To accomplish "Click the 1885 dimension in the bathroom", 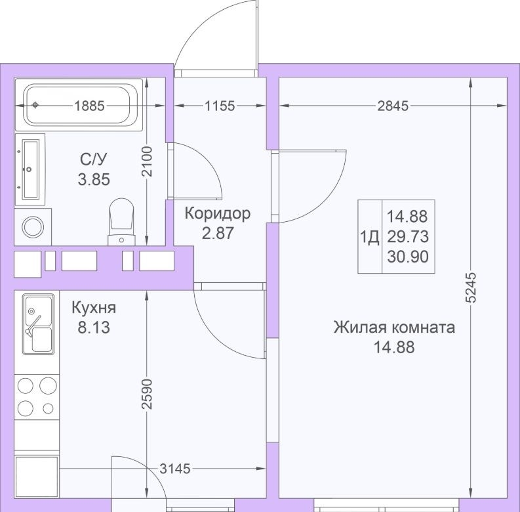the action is pyautogui.click(x=89, y=106).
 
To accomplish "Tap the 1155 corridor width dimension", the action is pyautogui.click(x=220, y=106).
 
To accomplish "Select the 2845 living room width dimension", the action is pyautogui.click(x=393, y=106).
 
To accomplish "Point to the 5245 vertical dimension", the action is pyautogui.click(x=471, y=288).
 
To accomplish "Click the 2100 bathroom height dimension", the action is pyautogui.click(x=147, y=161).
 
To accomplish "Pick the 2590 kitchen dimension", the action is pyautogui.click(x=147, y=394).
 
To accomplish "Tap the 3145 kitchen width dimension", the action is pyautogui.click(x=175, y=469).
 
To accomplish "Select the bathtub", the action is pyautogui.click(x=79, y=105).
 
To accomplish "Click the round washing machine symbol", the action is pyautogui.click(x=33, y=226).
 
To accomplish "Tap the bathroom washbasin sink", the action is pyautogui.click(x=30, y=169).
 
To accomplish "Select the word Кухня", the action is pyautogui.click(x=94, y=307).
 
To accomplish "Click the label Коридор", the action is pyautogui.click(x=218, y=213).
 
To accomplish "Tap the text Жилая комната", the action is pyautogui.click(x=394, y=328).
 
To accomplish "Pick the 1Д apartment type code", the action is pyautogui.click(x=369, y=238).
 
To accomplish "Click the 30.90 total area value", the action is pyautogui.click(x=408, y=257).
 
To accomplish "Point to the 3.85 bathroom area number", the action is pyautogui.click(x=94, y=179).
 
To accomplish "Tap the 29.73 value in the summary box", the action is pyautogui.click(x=408, y=237).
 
